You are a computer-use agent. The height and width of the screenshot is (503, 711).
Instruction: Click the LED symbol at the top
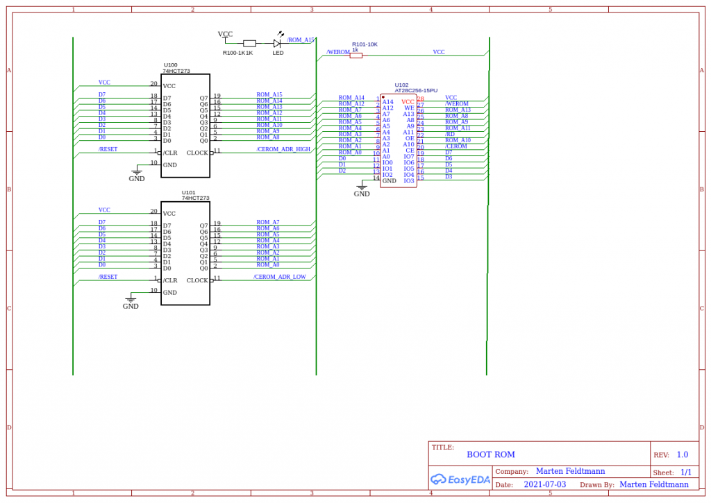coord(276,42)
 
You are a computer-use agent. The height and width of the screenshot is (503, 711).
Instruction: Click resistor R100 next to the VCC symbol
coord(249,43)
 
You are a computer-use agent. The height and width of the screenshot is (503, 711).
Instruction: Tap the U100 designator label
coord(170,65)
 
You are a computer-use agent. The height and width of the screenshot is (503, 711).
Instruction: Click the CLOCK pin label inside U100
coord(197,153)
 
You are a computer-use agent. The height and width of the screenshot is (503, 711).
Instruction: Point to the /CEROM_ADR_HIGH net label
coord(283,149)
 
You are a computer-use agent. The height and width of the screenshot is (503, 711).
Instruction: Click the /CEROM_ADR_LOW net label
coord(279,277)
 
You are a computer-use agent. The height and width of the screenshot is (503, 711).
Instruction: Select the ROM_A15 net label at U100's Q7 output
coord(269,94)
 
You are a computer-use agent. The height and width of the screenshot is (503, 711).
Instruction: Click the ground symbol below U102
coord(362,186)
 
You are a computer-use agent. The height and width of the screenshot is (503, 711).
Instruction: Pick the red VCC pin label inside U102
coord(408,102)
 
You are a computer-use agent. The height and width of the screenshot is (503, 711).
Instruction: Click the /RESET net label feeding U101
coord(108,277)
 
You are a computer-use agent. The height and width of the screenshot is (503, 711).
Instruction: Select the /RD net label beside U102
coord(450,134)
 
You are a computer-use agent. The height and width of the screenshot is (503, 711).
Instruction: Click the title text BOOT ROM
coord(490,454)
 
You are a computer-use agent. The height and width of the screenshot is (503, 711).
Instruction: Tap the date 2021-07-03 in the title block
coord(544,484)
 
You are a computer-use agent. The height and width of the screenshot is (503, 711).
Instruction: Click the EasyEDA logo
coord(460,479)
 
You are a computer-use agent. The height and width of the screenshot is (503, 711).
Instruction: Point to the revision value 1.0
coord(682,454)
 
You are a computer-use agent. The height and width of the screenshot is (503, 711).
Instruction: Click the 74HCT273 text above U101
coord(195,198)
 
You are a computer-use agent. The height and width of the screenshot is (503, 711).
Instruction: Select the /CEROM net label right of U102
coord(455,146)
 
